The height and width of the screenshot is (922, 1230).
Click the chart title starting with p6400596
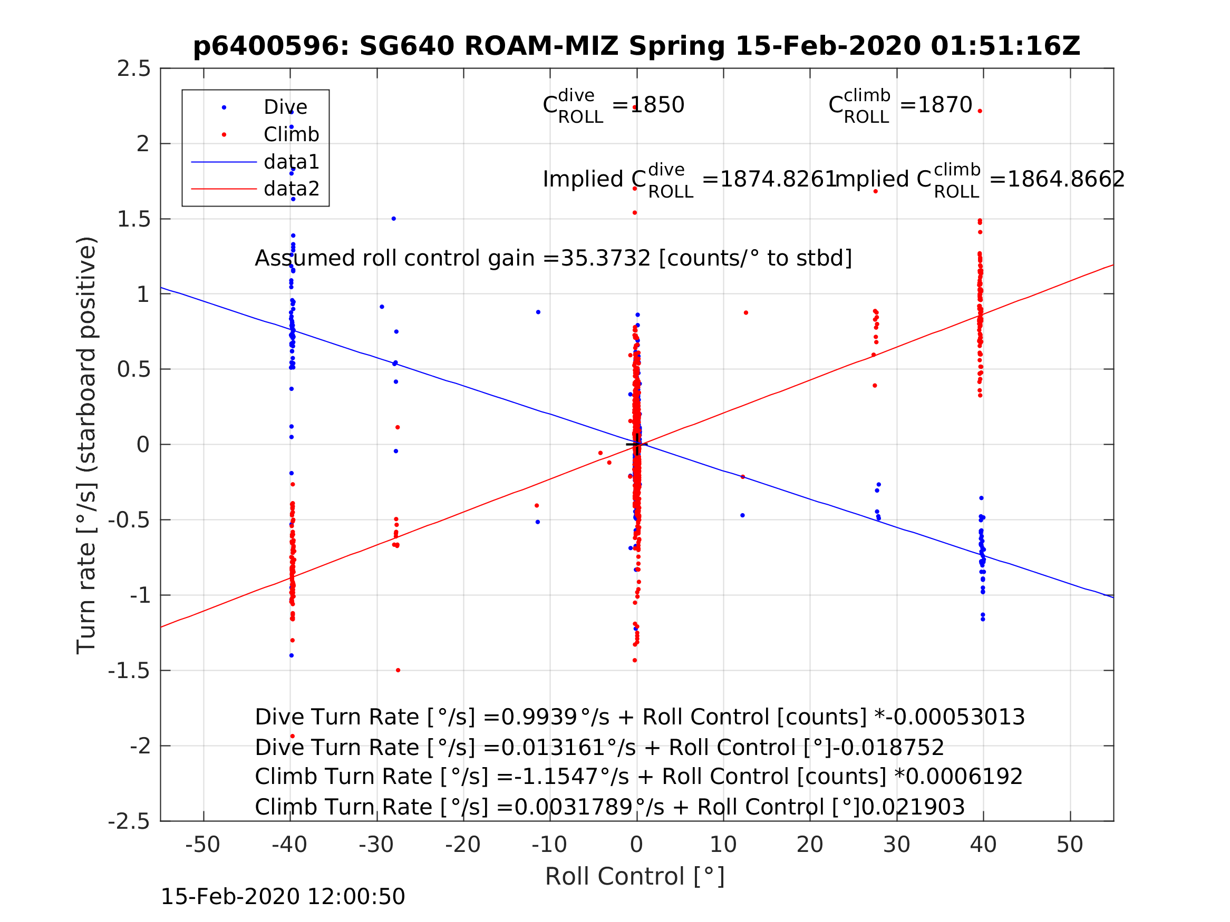point(636,46)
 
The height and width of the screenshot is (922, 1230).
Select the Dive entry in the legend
point(285,107)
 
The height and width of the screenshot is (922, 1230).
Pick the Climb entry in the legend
point(291,134)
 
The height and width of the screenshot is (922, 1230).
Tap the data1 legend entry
point(292,162)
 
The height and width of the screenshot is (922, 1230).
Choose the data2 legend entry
point(292,189)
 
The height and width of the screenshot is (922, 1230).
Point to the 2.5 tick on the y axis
point(134,69)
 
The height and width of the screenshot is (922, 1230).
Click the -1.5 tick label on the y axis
point(129,671)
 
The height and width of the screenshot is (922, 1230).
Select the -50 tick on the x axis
point(202,845)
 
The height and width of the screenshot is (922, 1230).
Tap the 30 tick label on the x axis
point(896,845)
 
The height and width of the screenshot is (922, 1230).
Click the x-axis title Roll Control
point(634,877)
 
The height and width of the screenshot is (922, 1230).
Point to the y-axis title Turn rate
point(87,445)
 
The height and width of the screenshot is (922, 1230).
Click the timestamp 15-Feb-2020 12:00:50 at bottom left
point(283,897)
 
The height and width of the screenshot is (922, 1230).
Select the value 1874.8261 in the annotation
point(778,180)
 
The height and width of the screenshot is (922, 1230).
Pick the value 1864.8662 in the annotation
point(1066,180)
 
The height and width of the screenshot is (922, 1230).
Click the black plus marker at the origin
point(636,445)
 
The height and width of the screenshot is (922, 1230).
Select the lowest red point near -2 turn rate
point(293,737)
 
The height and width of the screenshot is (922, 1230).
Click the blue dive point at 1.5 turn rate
point(394,219)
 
